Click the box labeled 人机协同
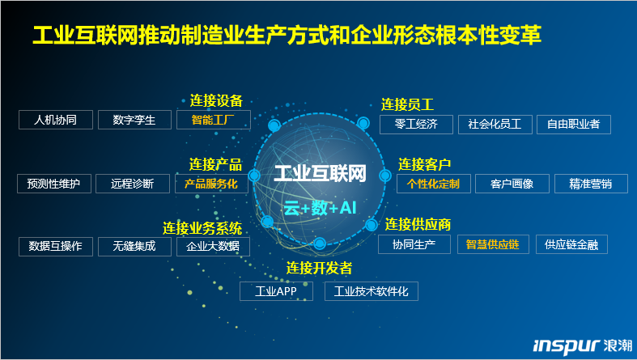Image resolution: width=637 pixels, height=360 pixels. point(56,120)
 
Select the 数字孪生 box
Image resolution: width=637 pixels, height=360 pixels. point(134,120)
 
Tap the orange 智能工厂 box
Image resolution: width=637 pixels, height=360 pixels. point(214,120)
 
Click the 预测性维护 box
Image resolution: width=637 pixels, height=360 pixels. point(54,184)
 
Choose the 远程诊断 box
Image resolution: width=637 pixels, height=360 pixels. point(133,184)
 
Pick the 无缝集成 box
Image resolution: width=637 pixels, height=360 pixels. point(134,247)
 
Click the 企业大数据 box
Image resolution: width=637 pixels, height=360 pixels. point(213,247)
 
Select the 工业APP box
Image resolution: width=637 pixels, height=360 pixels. point(276,291)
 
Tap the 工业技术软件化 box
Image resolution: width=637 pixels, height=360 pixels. point(372,291)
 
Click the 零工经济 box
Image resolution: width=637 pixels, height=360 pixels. point(416,125)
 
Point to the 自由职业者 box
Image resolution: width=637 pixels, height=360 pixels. point(574,125)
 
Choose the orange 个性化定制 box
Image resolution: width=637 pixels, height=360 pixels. point(434,184)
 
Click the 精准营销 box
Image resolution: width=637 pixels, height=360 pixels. point(591,184)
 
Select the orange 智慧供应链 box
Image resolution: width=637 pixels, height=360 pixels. point(493,244)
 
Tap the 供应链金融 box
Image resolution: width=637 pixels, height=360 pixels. point(571,244)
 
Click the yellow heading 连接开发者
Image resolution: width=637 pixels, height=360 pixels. point(319,269)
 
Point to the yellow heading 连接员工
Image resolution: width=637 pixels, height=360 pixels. point(407,104)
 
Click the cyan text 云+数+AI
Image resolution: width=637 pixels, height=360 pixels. point(320,208)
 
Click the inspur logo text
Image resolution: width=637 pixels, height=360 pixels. point(567,345)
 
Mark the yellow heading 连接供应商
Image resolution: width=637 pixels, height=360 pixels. point(418,225)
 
